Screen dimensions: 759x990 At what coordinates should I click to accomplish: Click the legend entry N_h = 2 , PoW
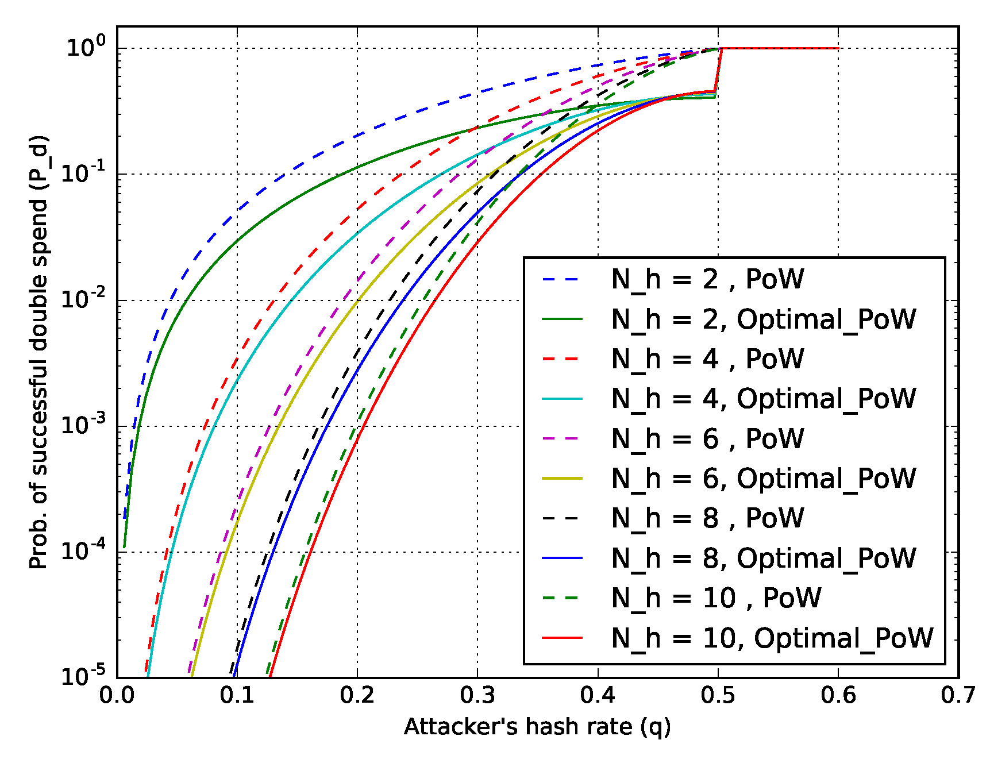tap(707, 279)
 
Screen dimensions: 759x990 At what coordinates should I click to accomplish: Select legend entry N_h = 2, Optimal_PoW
tap(764, 319)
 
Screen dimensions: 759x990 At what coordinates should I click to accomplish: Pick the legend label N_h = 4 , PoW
tap(707, 359)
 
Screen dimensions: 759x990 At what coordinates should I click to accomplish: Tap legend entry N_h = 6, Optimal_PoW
tap(764, 479)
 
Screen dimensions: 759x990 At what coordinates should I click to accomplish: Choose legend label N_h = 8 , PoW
tap(707, 518)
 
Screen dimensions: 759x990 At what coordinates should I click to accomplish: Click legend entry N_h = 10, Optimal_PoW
tap(772, 638)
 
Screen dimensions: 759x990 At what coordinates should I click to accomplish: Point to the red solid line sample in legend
tap(563, 638)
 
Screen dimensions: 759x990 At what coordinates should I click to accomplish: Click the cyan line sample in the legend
tap(563, 399)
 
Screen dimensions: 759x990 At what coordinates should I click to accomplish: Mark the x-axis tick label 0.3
tap(477, 696)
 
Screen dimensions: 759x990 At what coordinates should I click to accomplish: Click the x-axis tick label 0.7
tap(958, 696)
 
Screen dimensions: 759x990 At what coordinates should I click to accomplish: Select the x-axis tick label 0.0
tap(117, 696)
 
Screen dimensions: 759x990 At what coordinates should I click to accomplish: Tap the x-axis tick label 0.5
tap(718, 696)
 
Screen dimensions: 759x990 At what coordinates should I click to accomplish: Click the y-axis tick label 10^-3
tap(83, 425)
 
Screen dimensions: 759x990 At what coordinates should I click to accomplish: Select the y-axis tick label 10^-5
tap(83, 676)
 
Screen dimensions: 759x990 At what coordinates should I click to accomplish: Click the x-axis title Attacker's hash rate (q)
tap(537, 727)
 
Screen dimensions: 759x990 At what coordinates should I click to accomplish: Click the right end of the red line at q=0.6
tap(838, 48)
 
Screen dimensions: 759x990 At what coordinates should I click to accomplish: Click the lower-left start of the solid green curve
tap(124, 547)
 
